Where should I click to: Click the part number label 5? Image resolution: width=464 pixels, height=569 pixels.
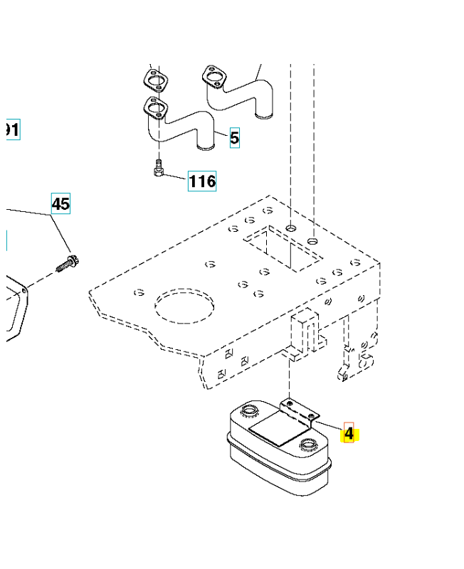tap(234, 138)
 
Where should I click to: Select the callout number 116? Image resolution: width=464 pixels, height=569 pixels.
tap(202, 181)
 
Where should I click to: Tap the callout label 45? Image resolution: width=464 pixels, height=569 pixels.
tap(60, 204)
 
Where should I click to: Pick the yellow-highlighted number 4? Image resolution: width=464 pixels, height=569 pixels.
tap(349, 432)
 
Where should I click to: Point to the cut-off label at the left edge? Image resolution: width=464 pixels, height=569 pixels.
tap(11, 129)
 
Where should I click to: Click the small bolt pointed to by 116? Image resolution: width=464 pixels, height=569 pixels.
tap(158, 169)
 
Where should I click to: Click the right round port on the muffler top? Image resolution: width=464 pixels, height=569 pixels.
tap(309, 445)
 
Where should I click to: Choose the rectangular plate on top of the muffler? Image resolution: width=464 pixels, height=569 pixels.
tap(279, 430)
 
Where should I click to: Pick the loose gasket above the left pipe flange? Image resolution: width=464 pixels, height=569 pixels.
tap(157, 80)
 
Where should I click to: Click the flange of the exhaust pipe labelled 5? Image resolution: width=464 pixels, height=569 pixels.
tap(156, 110)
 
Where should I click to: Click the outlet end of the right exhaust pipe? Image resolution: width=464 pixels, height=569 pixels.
tap(263, 114)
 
